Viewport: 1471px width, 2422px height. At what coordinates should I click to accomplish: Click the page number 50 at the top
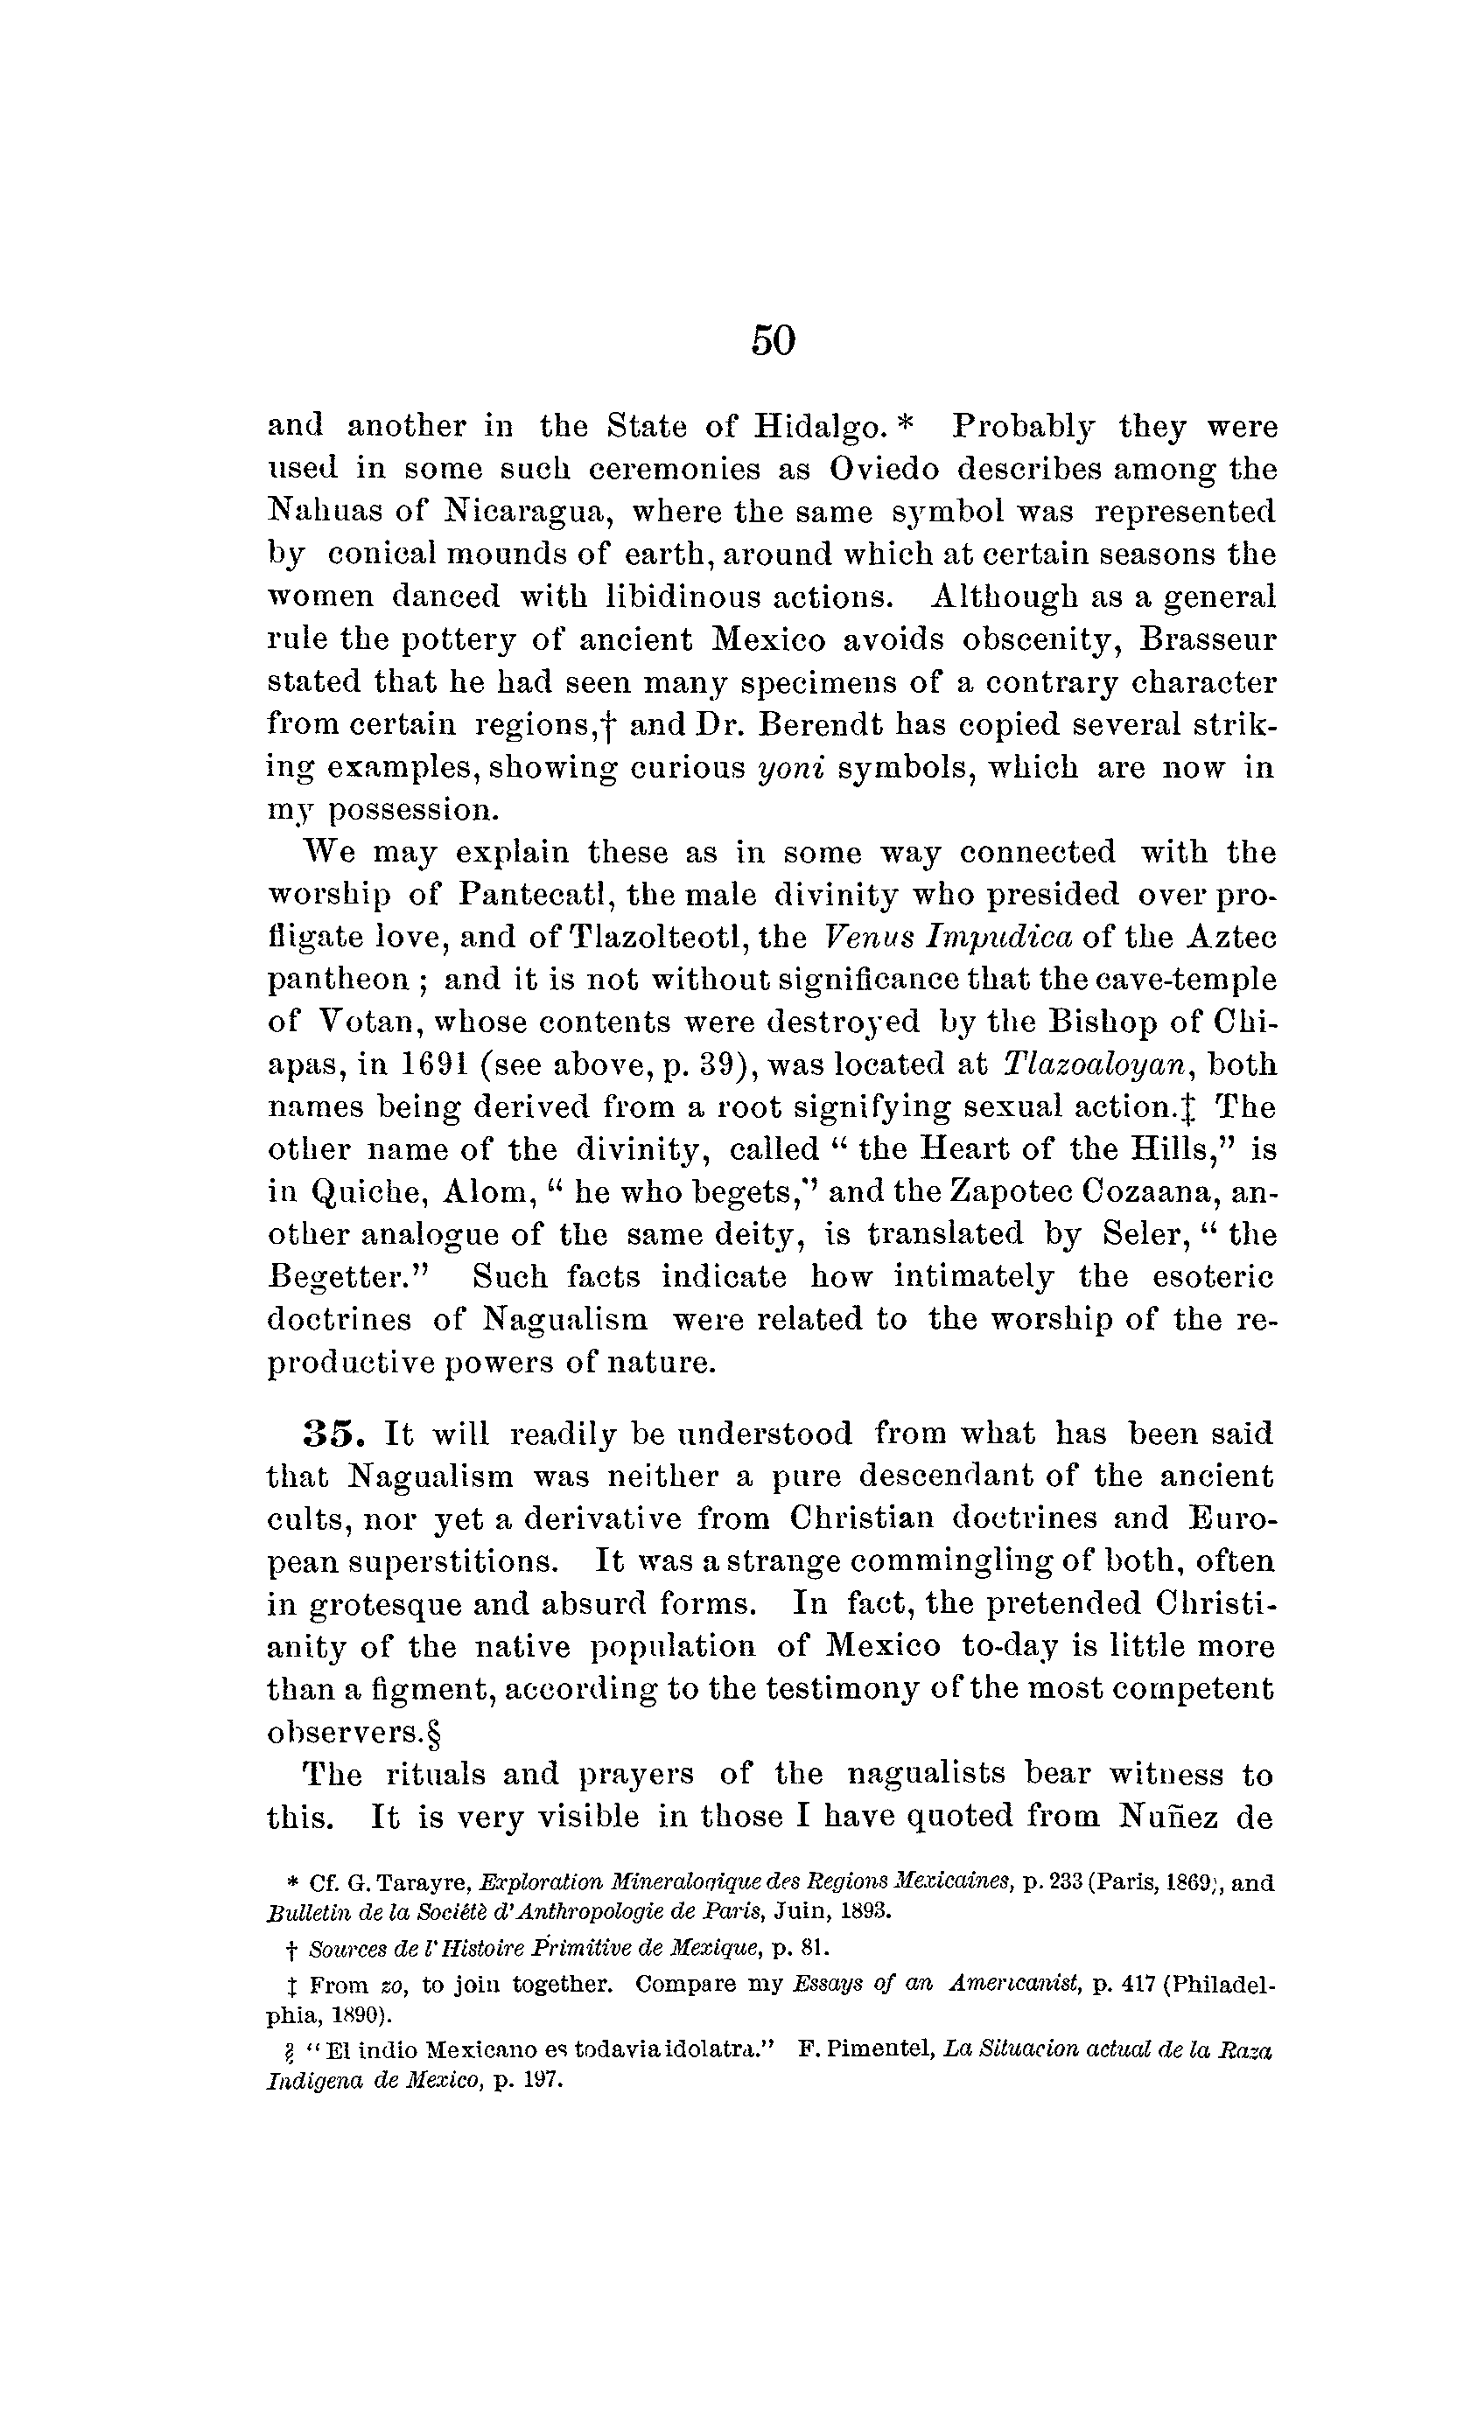pyautogui.click(x=773, y=340)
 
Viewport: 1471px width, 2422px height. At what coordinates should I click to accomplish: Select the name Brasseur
pyautogui.click(x=1208, y=640)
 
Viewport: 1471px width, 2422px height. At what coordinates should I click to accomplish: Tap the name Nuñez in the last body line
pyautogui.click(x=1166, y=1817)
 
